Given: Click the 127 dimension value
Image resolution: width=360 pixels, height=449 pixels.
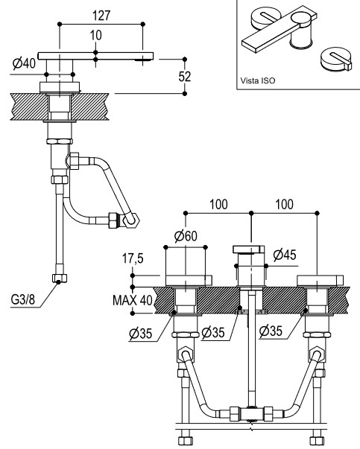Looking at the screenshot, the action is coord(101,16).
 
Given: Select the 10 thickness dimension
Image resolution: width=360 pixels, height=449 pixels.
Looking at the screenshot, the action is coord(95,35).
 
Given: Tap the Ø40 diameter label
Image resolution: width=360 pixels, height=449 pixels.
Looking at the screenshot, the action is coord(24,63).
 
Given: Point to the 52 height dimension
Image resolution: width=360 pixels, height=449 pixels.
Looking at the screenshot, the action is coord(185,77).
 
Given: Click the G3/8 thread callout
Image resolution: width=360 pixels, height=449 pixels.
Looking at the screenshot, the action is coord(23,299).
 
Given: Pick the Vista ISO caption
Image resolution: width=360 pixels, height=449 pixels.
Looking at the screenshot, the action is coord(258,80).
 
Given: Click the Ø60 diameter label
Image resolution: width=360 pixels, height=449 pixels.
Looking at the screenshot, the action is coord(186,236).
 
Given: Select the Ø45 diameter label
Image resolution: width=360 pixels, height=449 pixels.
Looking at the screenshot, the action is coord(285,255).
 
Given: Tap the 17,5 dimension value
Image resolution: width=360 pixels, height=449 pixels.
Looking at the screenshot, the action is coord(133,258).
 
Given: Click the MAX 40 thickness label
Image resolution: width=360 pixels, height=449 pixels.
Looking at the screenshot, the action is coord(133,300).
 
